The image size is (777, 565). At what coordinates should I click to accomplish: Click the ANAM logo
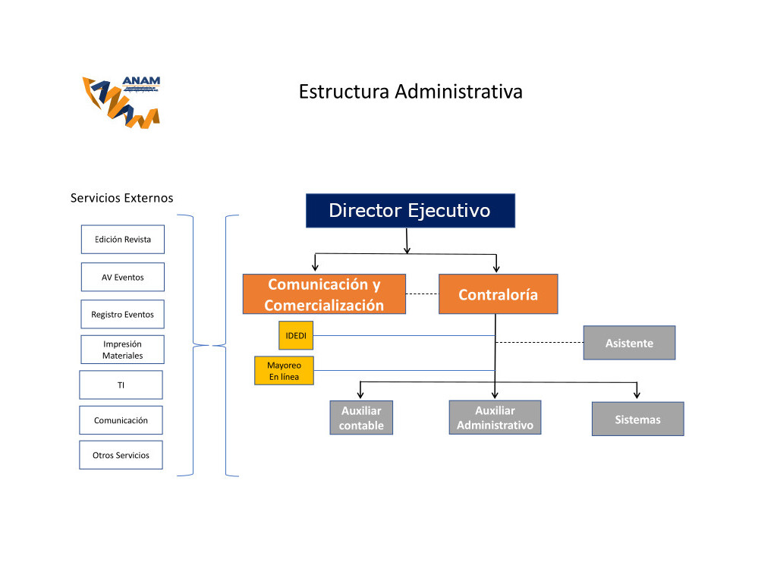pos(121,101)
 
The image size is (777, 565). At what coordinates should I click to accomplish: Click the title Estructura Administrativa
pos(411,92)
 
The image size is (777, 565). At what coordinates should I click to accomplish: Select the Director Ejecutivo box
pos(410,211)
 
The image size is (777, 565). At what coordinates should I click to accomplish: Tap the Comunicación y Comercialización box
pos(324,294)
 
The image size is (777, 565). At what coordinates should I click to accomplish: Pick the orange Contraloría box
pos(498,294)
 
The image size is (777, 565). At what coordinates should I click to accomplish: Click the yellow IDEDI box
pos(296,335)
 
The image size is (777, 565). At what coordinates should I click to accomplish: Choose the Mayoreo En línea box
pos(284,371)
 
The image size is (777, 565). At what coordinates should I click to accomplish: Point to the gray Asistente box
pos(629,343)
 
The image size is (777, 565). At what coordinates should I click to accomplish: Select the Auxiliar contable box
pos(361,418)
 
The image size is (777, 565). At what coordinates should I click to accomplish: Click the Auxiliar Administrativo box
pos(495,418)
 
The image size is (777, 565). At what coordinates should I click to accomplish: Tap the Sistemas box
pos(637,419)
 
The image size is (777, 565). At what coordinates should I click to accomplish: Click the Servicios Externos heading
pos(122,198)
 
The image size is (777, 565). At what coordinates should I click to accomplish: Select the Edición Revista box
pos(123,240)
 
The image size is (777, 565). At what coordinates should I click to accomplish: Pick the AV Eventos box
pos(123,278)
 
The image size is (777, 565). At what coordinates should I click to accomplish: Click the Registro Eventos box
pos(123,314)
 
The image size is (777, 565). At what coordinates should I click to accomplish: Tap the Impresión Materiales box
pos(123,350)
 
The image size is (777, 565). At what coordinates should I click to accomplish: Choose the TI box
pos(121,385)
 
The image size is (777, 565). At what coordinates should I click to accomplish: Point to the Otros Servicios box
pos(121,455)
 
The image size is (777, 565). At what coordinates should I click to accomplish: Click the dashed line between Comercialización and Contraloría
pos(422,293)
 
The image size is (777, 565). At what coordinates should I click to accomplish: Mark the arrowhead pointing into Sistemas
pos(637,395)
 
